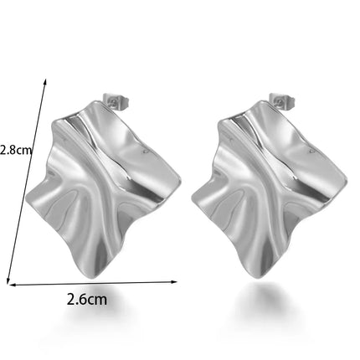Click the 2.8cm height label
[x=16, y=150]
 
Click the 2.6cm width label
[x=87, y=300]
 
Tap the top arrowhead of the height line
[x=45, y=81]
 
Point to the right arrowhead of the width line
[x=175, y=282]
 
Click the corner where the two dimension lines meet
[x=8, y=285]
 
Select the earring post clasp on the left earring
[x=116, y=101]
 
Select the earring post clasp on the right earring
[x=282, y=100]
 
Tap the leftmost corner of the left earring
[x=26, y=199]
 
